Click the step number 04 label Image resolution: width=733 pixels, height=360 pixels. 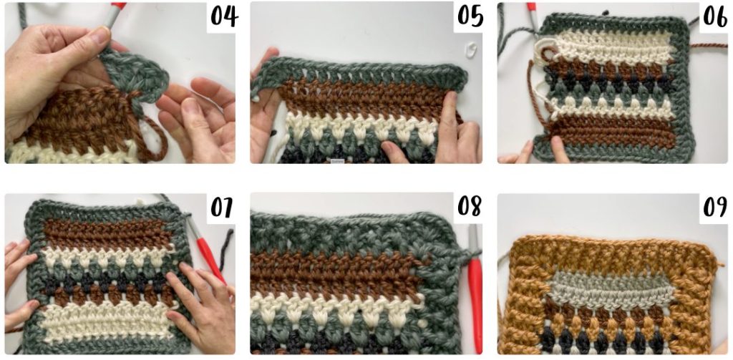[223, 17]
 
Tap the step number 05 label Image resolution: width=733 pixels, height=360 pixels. [470, 17]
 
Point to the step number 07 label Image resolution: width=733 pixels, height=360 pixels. [222, 208]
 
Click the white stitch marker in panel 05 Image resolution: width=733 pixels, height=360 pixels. [471, 48]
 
